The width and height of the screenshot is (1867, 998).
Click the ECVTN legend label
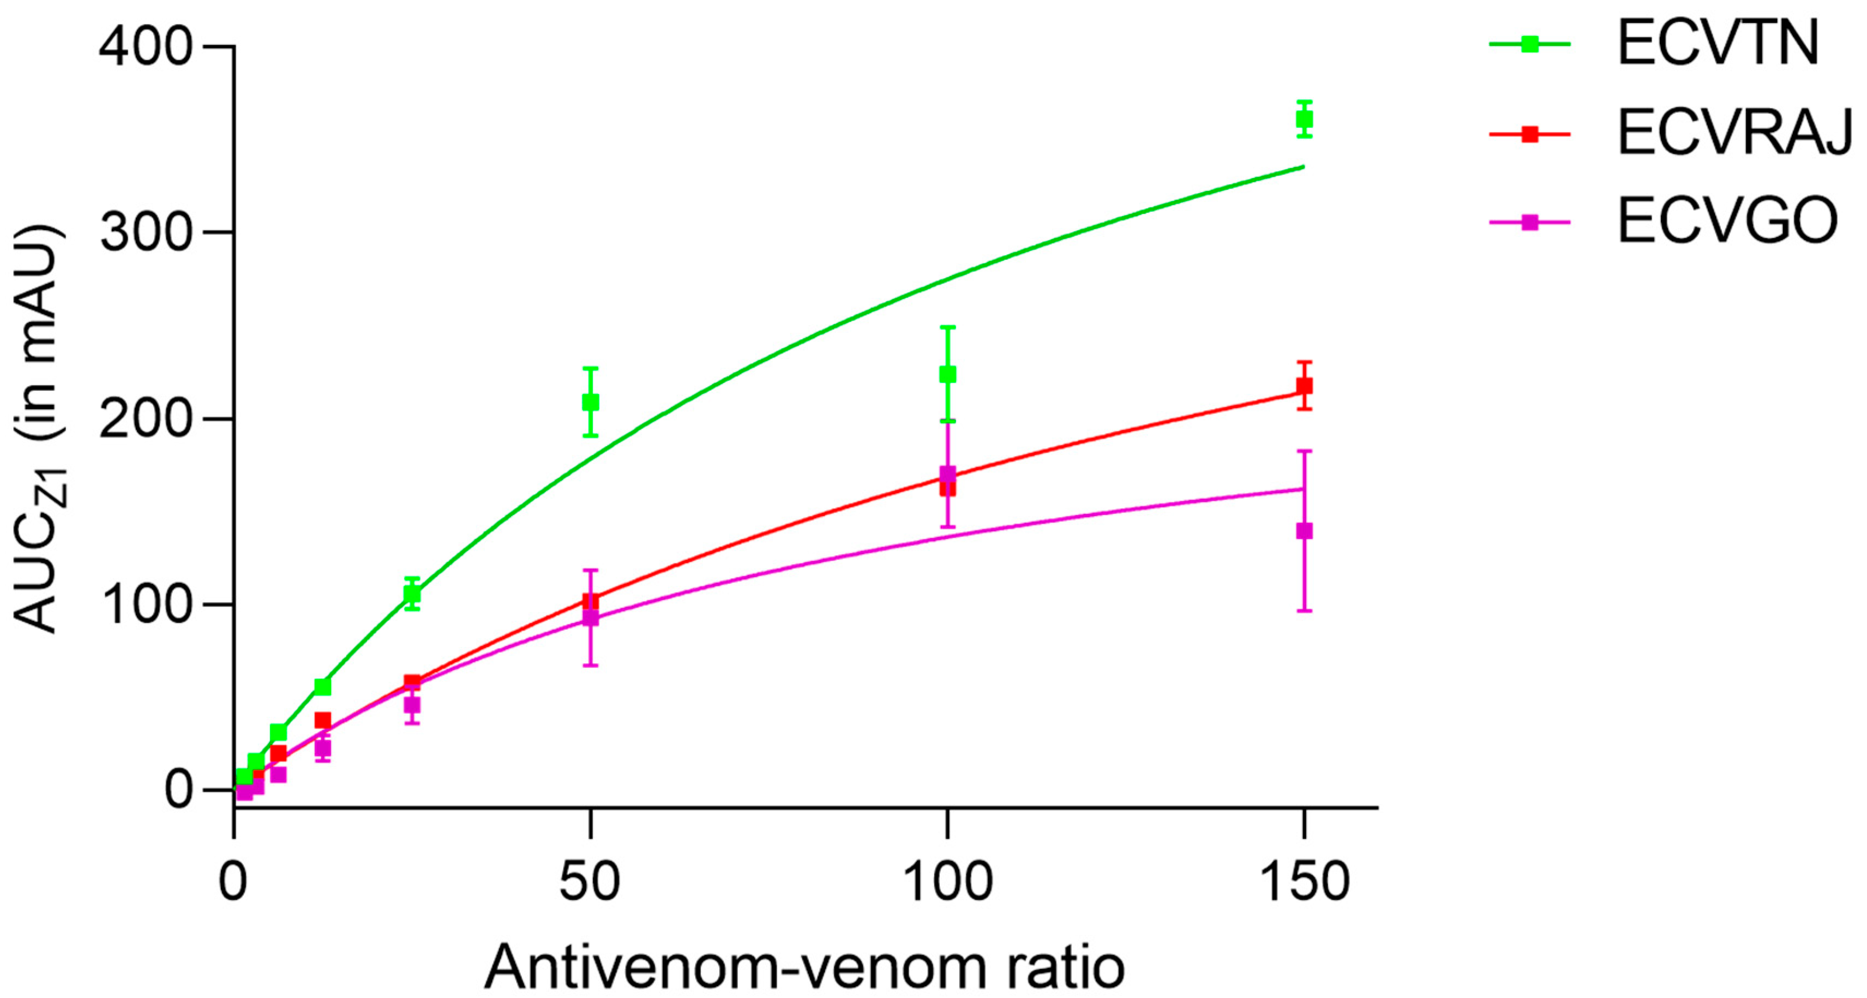point(1718,44)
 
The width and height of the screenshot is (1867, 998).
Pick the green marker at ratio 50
point(591,402)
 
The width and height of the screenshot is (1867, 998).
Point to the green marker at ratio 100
point(947,374)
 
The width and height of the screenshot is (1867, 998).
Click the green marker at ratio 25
point(412,593)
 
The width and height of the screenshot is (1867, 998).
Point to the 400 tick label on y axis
point(145,48)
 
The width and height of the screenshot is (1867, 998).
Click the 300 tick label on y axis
point(145,233)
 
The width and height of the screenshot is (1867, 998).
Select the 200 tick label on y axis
point(145,419)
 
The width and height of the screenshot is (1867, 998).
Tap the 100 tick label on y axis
point(145,604)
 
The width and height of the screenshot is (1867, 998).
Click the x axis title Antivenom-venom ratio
point(805,967)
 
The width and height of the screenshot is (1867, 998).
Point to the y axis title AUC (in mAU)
point(40,428)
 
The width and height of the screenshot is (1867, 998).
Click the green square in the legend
point(1529,44)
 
